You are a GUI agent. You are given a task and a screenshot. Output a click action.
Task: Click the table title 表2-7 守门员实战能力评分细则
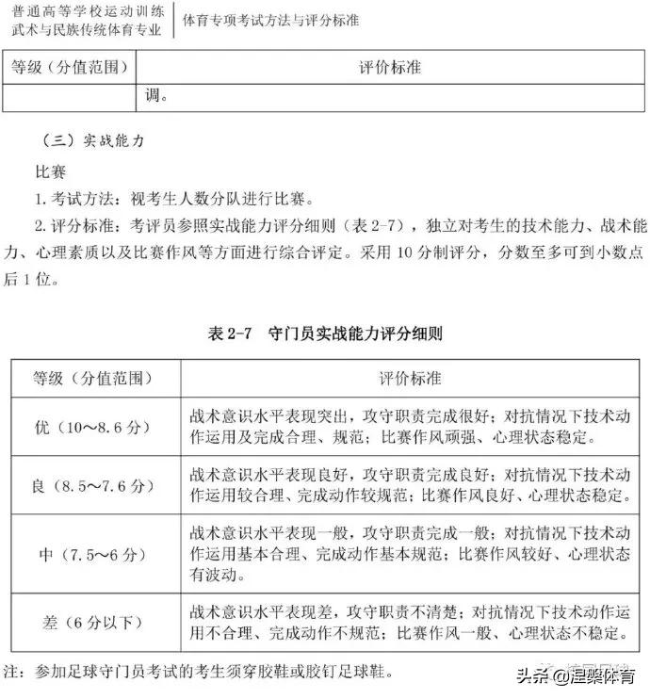pyautogui.click(x=325, y=333)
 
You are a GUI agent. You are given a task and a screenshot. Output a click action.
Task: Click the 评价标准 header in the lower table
pyautogui.click(x=411, y=378)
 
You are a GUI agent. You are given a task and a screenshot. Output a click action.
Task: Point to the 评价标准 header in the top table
pyautogui.click(x=390, y=68)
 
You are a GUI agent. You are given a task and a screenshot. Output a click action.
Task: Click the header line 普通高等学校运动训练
pyautogui.click(x=85, y=11)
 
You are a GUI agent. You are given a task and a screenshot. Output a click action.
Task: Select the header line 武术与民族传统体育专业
pyautogui.click(x=85, y=31)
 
